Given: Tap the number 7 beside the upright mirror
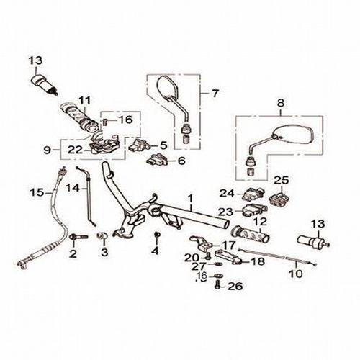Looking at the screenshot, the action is click(x=215, y=93).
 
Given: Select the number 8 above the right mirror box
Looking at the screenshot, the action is click(x=280, y=103).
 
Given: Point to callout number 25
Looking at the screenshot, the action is click(x=282, y=180).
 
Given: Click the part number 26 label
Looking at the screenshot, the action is click(x=235, y=286).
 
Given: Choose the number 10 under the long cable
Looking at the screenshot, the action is click(x=296, y=274).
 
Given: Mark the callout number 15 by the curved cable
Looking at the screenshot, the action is click(x=37, y=192).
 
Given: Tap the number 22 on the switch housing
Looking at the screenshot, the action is click(x=75, y=150).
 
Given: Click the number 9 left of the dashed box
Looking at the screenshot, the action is click(x=48, y=150).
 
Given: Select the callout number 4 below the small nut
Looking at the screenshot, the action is click(x=156, y=251).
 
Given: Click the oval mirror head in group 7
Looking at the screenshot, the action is click(x=167, y=88).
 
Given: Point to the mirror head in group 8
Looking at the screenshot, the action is click(x=293, y=135).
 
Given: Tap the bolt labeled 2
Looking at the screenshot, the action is click(x=78, y=237).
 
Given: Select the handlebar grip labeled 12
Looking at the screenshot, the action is click(x=250, y=234).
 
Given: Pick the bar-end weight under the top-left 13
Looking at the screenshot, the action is click(x=45, y=85).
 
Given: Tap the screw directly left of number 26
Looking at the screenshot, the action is click(x=218, y=286).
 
